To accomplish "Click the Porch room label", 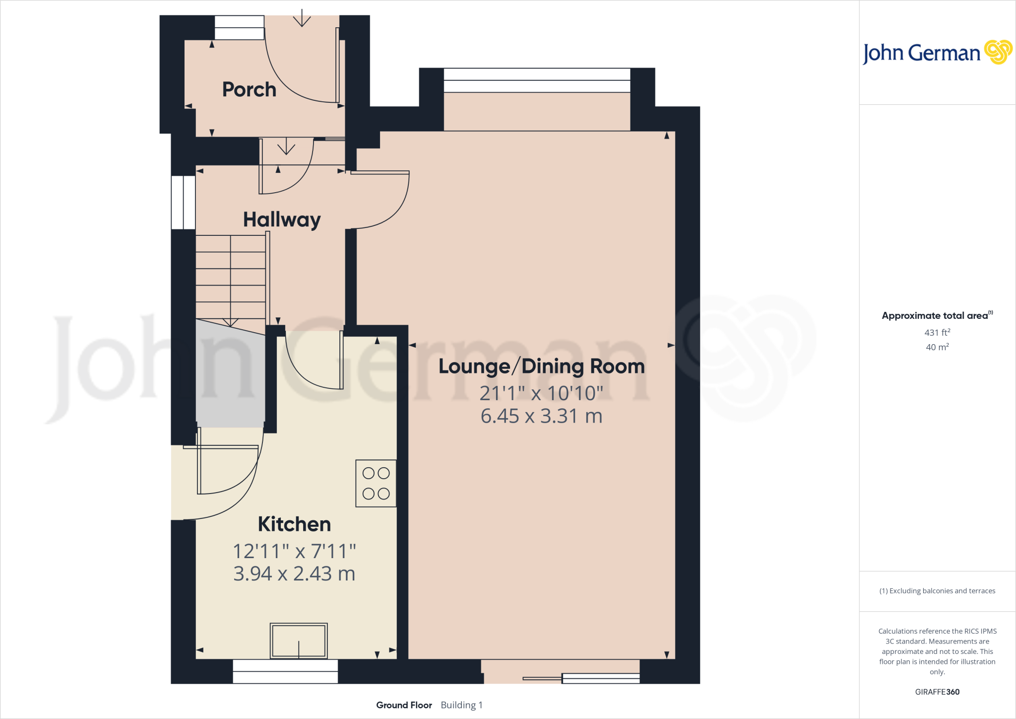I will click(x=249, y=90).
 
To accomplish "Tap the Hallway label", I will click(x=281, y=219).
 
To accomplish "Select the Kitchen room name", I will click(x=294, y=524).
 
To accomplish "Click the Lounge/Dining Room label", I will click(x=541, y=366).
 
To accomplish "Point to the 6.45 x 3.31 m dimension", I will click(x=541, y=416).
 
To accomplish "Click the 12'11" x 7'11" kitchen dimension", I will click(x=294, y=551).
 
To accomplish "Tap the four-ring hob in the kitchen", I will click(x=376, y=483).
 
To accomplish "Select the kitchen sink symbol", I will click(x=299, y=641).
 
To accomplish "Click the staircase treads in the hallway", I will click(x=231, y=277).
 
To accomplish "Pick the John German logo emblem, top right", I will click(x=998, y=52).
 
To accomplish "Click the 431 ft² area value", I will click(x=937, y=333).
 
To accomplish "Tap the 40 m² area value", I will click(x=937, y=347).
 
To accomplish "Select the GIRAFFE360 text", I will click(x=937, y=692).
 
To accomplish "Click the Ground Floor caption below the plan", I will click(x=404, y=705).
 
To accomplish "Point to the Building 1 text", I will click(x=461, y=705).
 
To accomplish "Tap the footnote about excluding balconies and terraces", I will click(x=937, y=591).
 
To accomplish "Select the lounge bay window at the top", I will click(x=537, y=80).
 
